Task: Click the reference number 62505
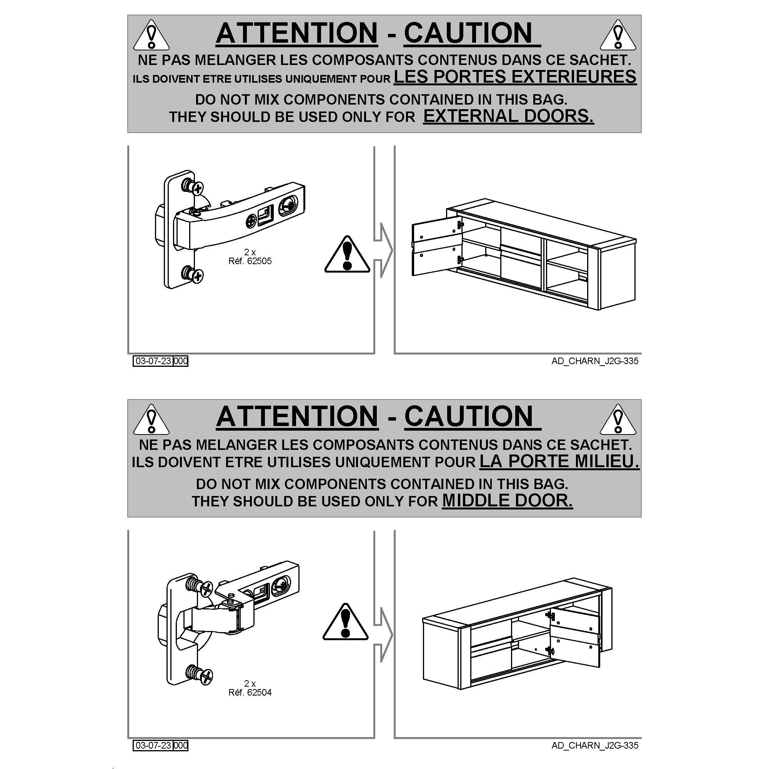[x=259, y=261]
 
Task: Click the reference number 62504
[x=259, y=692]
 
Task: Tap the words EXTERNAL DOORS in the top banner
[x=508, y=116]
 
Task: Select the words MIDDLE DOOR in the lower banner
[x=508, y=500]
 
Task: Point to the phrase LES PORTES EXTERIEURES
[x=515, y=77]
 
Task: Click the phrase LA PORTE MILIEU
[x=559, y=461]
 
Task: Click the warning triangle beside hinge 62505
[x=347, y=255]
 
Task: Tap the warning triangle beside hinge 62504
[x=346, y=622]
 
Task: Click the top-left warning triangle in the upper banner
[x=151, y=35]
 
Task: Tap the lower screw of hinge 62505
[x=193, y=274]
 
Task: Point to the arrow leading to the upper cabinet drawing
[x=383, y=250]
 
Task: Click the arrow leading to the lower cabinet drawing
[x=383, y=635]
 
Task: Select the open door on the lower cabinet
[x=574, y=637]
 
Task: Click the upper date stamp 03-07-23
[x=153, y=361]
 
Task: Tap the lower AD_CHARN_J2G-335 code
[x=595, y=746]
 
